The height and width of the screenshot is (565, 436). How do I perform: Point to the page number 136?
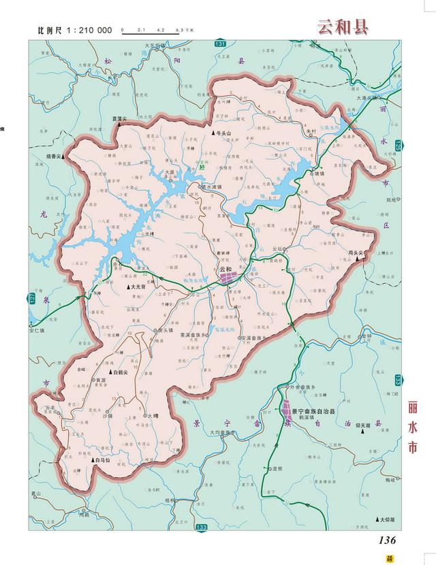tap(384, 540)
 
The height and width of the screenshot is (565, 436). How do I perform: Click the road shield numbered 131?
tap(219, 43)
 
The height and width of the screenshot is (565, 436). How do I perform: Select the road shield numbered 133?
tap(201, 528)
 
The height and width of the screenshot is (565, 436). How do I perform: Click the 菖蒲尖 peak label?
tap(121, 118)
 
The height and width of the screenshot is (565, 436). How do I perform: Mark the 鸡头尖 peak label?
tap(358, 253)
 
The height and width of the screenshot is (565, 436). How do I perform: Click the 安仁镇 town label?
tap(41, 331)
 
